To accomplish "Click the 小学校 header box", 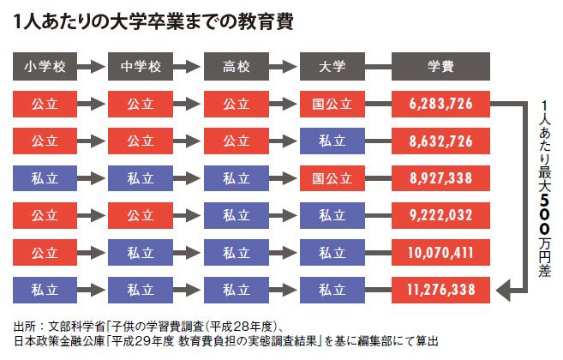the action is click(x=45, y=67).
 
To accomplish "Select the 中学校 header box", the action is click(x=141, y=67).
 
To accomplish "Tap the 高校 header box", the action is click(x=237, y=67).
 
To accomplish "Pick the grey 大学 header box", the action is click(x=332, y=67).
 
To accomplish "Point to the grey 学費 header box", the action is click(x=440, y=67).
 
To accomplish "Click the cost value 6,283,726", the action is click(x=440, y=105).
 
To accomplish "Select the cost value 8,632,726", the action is click(x=440, y=141).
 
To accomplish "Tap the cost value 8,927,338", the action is click(x=440, y=178).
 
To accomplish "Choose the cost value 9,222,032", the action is click(x=440, y=215).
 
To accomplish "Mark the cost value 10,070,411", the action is click(x=440, y=253).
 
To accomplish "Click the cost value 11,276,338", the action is click(x=440, y=290).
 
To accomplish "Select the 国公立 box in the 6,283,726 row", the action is click(x=332, y=105).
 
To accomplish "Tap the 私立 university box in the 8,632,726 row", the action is click(x=332, y=141).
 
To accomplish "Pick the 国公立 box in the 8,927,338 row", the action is click(x=332, y=178).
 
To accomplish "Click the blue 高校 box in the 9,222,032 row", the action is click(x=237, y=215).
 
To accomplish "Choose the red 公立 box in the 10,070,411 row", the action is click(x=45, y=253).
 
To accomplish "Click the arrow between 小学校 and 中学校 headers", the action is click(x=91, y=67).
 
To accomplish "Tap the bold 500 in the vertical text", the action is click(x=544, y=213).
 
